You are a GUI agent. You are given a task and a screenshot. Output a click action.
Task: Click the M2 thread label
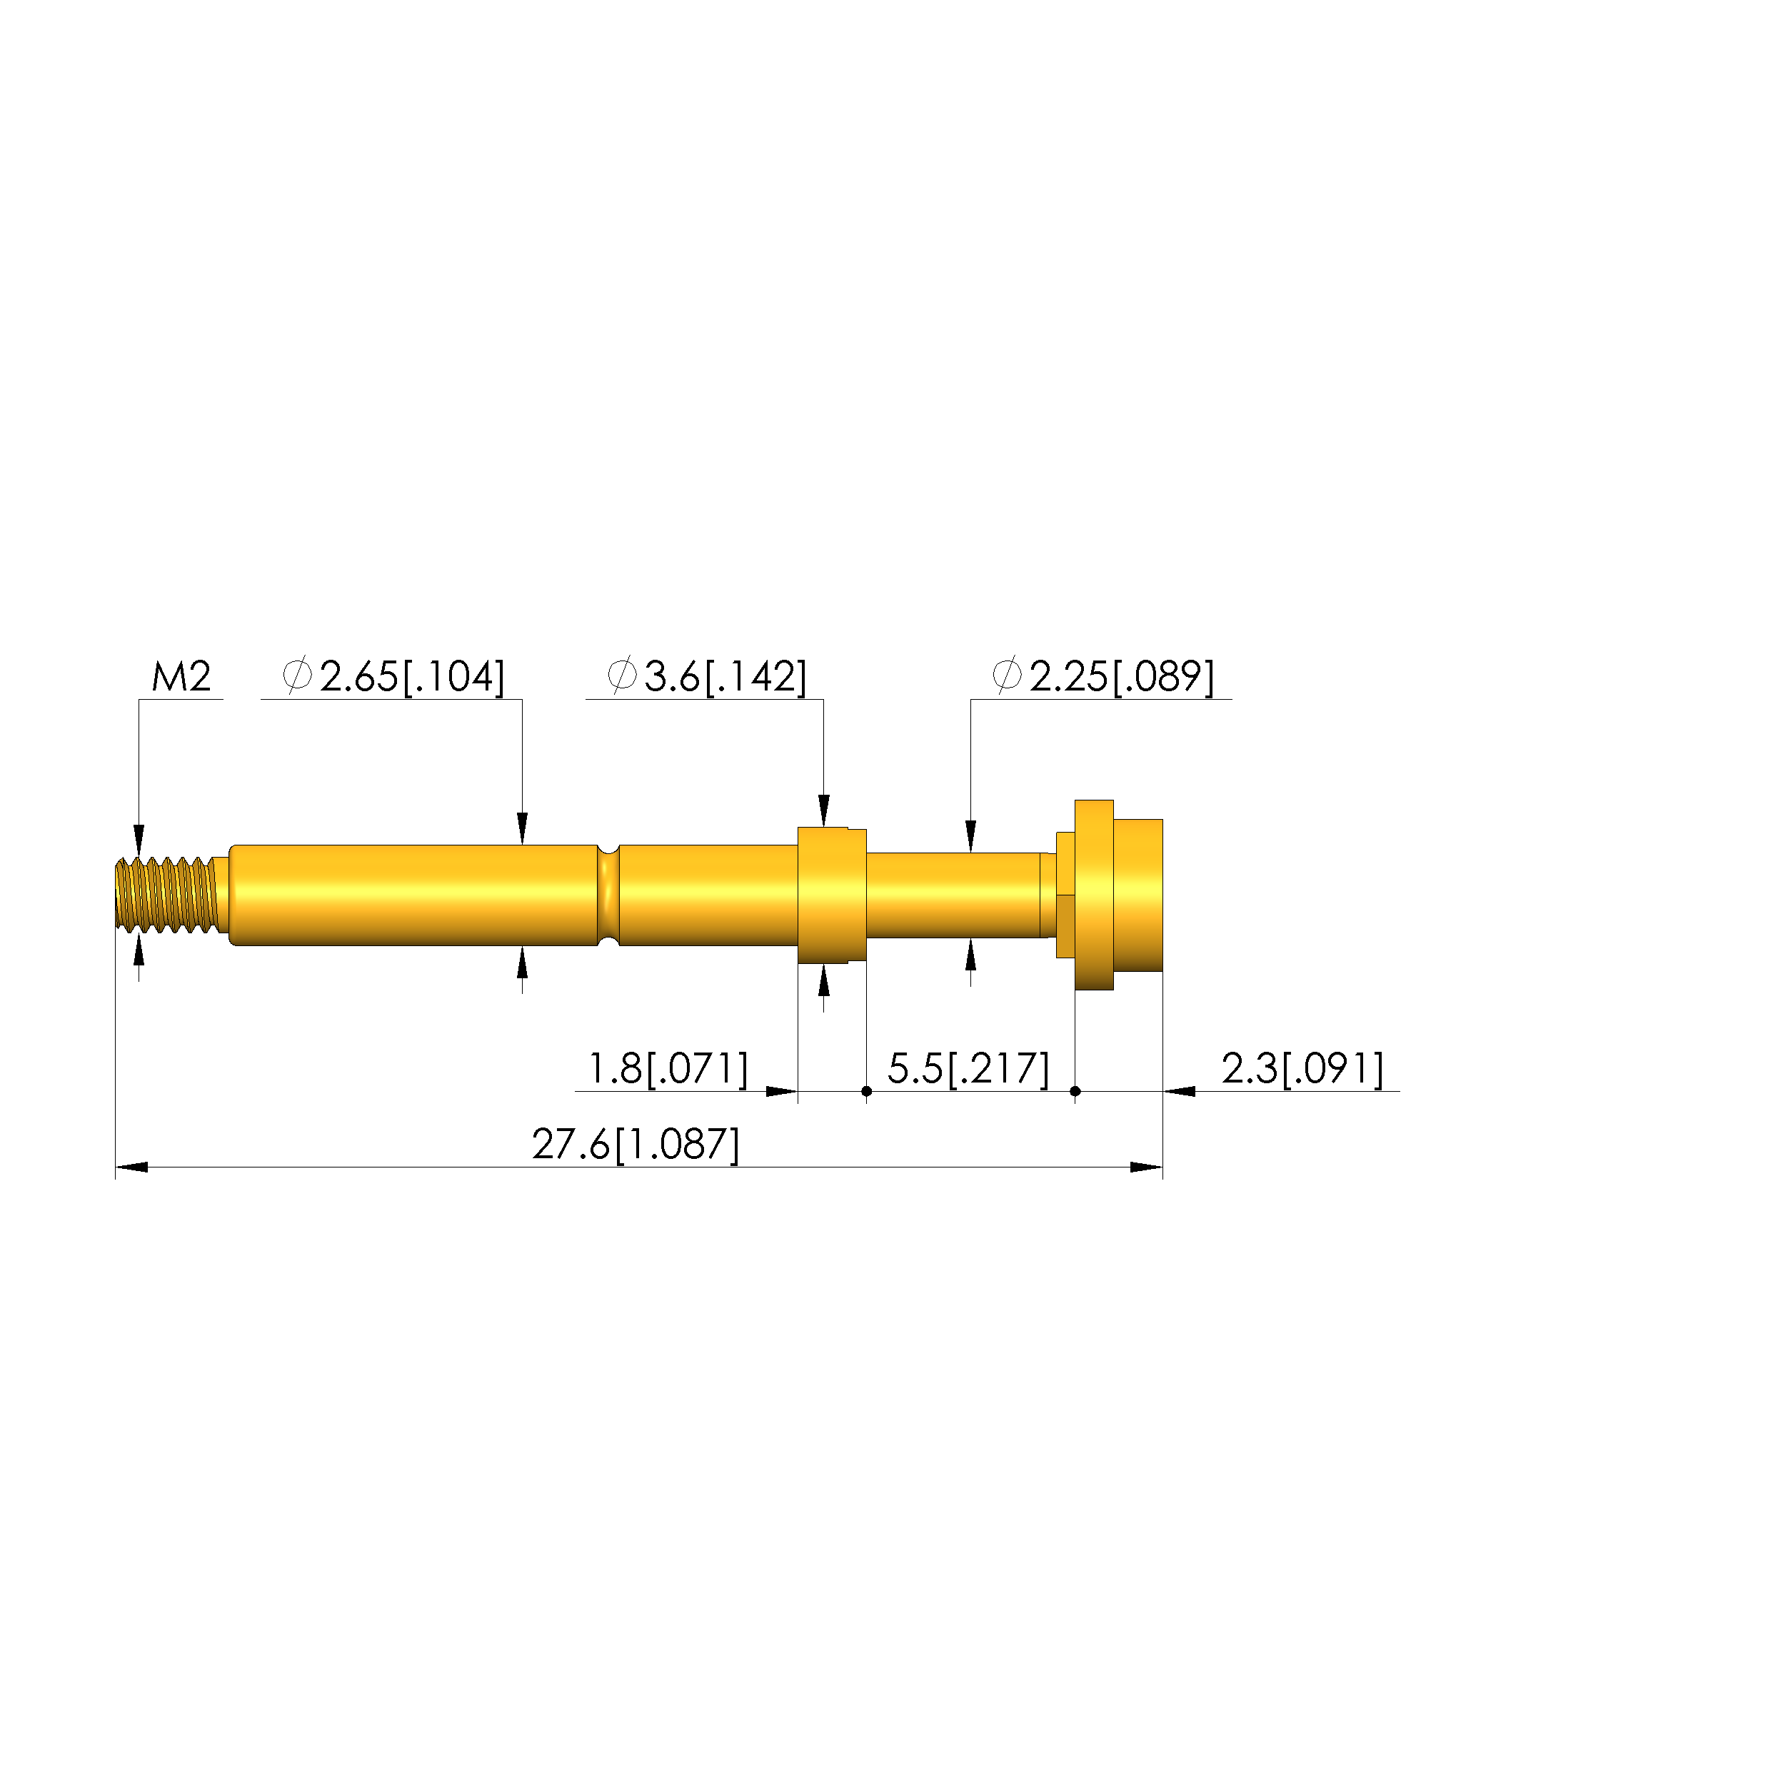[181, 678]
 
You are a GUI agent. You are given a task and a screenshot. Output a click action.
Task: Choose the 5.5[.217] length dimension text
[969, 1069]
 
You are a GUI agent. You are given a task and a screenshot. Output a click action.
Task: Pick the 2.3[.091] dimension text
[1303, 1069]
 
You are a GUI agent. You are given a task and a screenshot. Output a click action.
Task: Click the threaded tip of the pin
[166, 894]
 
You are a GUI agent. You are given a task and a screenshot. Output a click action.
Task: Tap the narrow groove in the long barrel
[608, 895]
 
